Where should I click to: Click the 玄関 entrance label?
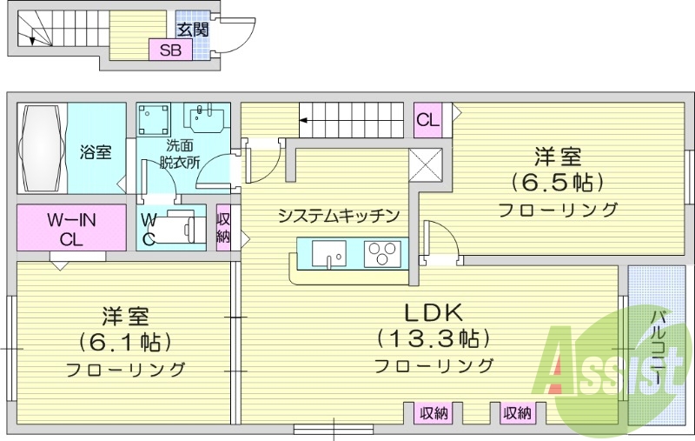tap(192, 30)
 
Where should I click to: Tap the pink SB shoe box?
tap(169, 50)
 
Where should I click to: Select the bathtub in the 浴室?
tap(43, 148)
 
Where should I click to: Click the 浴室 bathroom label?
tap(96, 152)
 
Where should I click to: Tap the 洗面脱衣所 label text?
tap(181, 153)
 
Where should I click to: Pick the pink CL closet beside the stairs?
tap(427, 119)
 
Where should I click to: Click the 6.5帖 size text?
tap(557, 183)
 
